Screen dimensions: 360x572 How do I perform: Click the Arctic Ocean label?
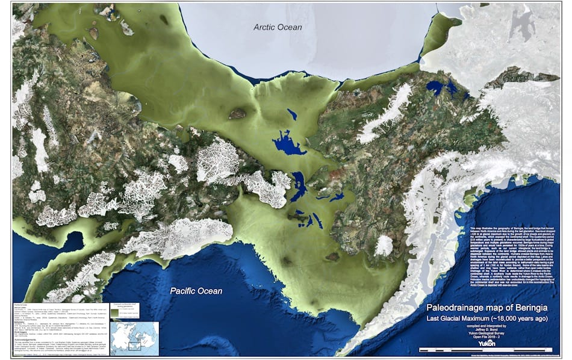pyautogui.click(x=278, y=26)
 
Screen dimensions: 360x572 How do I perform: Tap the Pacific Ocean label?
pyautogui.click(x=196, y=291)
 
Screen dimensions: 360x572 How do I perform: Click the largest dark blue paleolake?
pyautogui.click(x=290, y=145)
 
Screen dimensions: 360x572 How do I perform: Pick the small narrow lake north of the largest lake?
pyautogui.click(x=292, y=114)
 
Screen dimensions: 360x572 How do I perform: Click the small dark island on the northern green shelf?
pyautogui.click(x=237, y=113)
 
